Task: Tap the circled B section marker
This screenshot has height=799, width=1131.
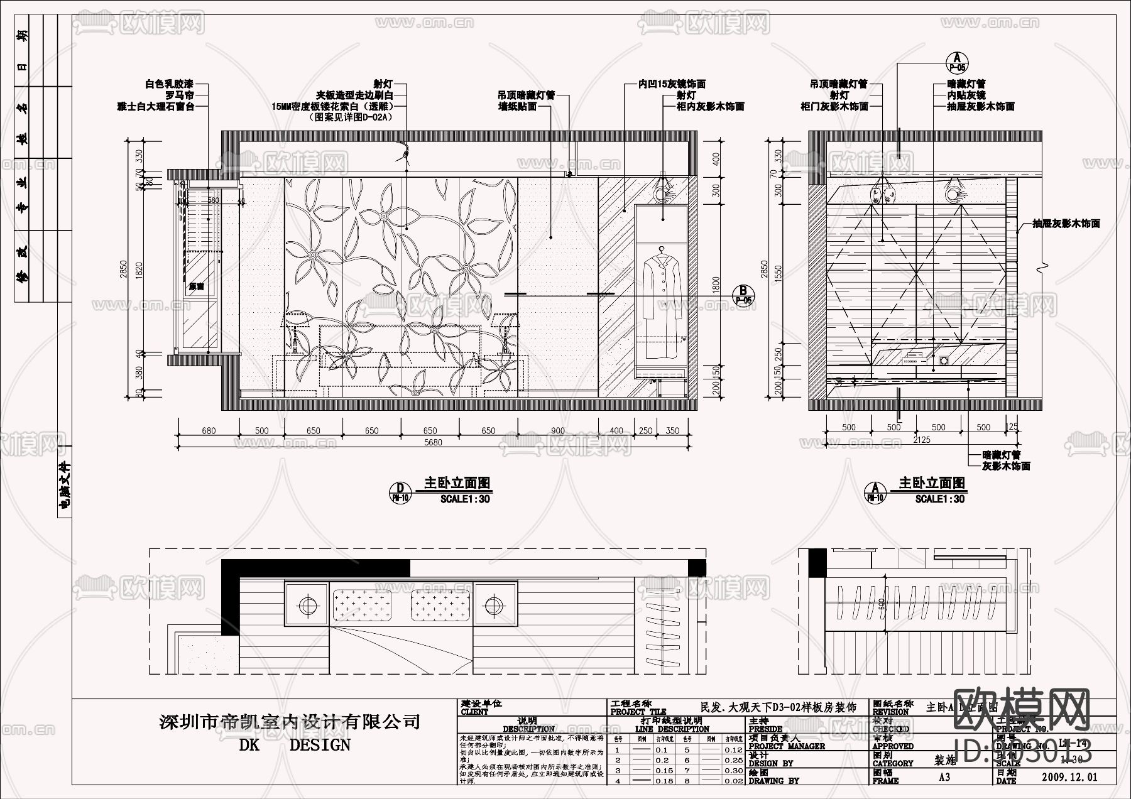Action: (743, 291)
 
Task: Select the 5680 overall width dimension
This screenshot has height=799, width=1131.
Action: (433, 442)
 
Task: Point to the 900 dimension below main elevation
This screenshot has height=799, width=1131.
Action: (557, 431)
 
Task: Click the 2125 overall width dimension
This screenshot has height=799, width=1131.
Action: (921, 440)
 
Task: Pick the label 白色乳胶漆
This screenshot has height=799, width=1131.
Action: (168, 83)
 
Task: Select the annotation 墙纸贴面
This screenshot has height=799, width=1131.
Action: (517, 107)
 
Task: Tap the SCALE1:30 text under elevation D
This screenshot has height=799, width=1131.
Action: (465, 499)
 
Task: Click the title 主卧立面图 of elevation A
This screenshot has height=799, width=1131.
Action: (932, 483)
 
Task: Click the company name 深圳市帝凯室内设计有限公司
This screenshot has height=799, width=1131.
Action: (290, 721)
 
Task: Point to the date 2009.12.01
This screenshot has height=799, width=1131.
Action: (1069, 777)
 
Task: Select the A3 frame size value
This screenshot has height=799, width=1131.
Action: (944, 777)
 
